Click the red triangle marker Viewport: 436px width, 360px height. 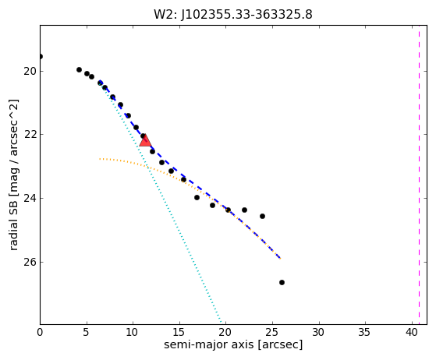click(145, 140)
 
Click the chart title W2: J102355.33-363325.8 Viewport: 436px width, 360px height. click(233, 15)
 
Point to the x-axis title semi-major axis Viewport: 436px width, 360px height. click(208, 344)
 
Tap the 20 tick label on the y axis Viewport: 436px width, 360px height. click(30, 72)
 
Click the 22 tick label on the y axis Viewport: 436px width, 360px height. click(30, 135)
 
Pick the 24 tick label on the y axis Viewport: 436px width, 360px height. click(30, 199)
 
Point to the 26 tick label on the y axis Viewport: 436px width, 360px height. click(30, 263)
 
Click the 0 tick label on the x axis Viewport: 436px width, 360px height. click(40, 332)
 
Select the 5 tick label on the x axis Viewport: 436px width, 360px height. click(87, 332)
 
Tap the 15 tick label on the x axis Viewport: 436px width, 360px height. click(179, 332)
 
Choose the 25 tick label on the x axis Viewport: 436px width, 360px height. click(272, 332)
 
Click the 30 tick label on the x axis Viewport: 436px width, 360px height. click(319, 332)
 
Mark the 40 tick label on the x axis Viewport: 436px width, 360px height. click(412, 332)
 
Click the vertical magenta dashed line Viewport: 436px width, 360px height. click(419, 175)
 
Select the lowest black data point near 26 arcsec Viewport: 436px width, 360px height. click(282, 283)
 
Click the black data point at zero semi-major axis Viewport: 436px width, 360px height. click(41, 57)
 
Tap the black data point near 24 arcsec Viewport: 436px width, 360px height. click(262, 216)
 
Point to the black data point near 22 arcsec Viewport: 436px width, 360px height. click(244, 210)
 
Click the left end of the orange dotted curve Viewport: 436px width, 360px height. click(100, 159)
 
